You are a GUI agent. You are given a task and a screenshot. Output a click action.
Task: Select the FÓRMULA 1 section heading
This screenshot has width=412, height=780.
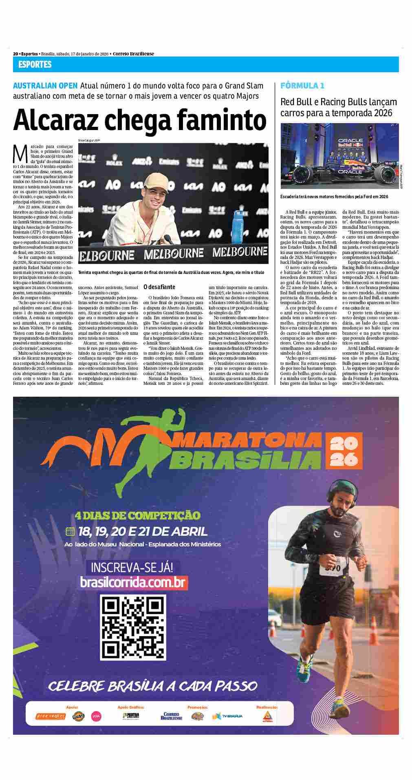click(x=302, y=86)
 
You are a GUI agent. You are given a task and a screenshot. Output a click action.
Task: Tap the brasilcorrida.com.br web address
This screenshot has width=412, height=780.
click(x=134, y=583)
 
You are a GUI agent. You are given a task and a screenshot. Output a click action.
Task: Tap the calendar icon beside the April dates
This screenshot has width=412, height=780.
click(x=70, y=531)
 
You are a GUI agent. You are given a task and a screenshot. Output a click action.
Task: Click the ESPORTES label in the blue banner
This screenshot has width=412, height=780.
click(x=35, y=64)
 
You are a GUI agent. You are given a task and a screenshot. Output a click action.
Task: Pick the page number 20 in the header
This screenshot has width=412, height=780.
click(x=15, y=54)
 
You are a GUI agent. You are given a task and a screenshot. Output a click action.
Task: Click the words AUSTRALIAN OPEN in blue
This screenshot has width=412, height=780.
click(x=45, y=86)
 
